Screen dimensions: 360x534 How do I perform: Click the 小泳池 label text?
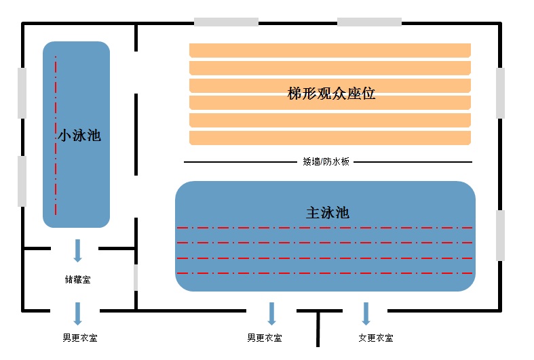tap(79, 136)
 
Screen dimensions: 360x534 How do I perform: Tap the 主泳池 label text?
tap(328, 213)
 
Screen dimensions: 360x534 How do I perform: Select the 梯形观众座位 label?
tap(331, 94)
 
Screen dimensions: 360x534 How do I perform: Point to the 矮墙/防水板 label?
tap(326, 162)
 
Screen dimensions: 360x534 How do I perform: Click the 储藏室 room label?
tap(77, 279)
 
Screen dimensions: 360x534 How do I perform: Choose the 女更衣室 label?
tap(375, 338)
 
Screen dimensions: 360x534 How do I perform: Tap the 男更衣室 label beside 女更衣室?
tap(265, 338)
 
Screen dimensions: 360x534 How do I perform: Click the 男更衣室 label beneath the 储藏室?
tap(79, 338)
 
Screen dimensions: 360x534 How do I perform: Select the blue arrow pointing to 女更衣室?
tap(366, 313)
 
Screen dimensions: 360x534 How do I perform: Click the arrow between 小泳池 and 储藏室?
tap(77, 250)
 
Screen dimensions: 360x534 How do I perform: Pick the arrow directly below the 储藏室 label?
tap(77, 313)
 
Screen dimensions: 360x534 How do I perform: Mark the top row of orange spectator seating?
tap(330, 50)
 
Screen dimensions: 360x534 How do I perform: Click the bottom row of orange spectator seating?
tap(330, 138)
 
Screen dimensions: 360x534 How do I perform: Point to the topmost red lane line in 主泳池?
tap(324, 228)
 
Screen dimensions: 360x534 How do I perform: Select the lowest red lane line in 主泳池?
tap(324, 273)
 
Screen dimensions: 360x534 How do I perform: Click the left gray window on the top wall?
tap(226, 22)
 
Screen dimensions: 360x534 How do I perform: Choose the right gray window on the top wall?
tap(369, 22)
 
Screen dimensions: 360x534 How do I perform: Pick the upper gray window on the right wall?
tap(501, 93)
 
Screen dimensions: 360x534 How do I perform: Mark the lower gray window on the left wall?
tap(22, 181)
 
